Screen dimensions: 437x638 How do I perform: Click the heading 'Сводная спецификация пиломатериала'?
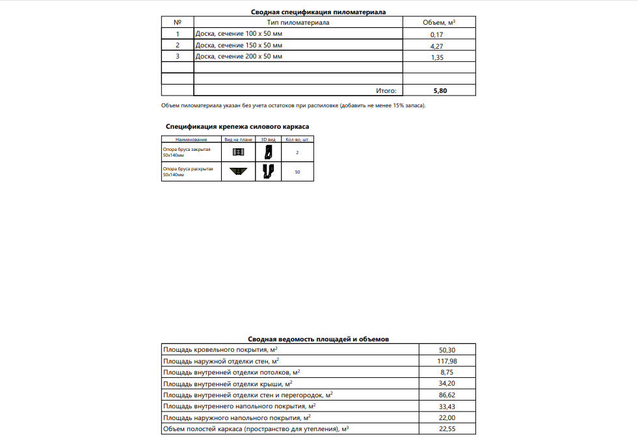click(319, 12)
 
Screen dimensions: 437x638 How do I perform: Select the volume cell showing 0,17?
click(436, 34)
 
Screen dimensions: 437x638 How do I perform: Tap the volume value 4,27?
click(436, 46)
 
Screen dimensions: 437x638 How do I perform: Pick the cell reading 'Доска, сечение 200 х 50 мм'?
click(239, 57)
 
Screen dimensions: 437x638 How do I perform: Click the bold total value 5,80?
click(440, 90)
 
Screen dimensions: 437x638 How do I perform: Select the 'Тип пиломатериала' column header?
click(299, 23)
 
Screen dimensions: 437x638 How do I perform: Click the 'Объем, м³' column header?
click(439, 23)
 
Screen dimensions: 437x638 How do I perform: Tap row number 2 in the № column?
click(178, 46)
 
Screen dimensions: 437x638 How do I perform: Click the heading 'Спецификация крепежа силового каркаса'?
click(237, 127)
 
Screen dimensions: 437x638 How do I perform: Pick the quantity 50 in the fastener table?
click(297, 172)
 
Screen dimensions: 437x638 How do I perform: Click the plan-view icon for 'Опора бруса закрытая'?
click(237, 152)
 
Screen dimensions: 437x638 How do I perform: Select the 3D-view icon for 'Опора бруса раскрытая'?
click(268, 172)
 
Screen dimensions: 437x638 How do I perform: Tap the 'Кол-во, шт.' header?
click(297, 140)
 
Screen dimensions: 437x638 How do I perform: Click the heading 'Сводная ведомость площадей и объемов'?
click(319, 339)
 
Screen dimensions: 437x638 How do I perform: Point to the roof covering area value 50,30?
click(448, 350)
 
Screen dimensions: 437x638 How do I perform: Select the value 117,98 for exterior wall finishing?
click(448, 361)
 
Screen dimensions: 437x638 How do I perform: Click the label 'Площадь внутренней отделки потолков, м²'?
click(232, 372)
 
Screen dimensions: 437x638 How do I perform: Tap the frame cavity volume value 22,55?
click(448, 429)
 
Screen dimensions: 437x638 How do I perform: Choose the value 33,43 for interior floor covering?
click(448, 406)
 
